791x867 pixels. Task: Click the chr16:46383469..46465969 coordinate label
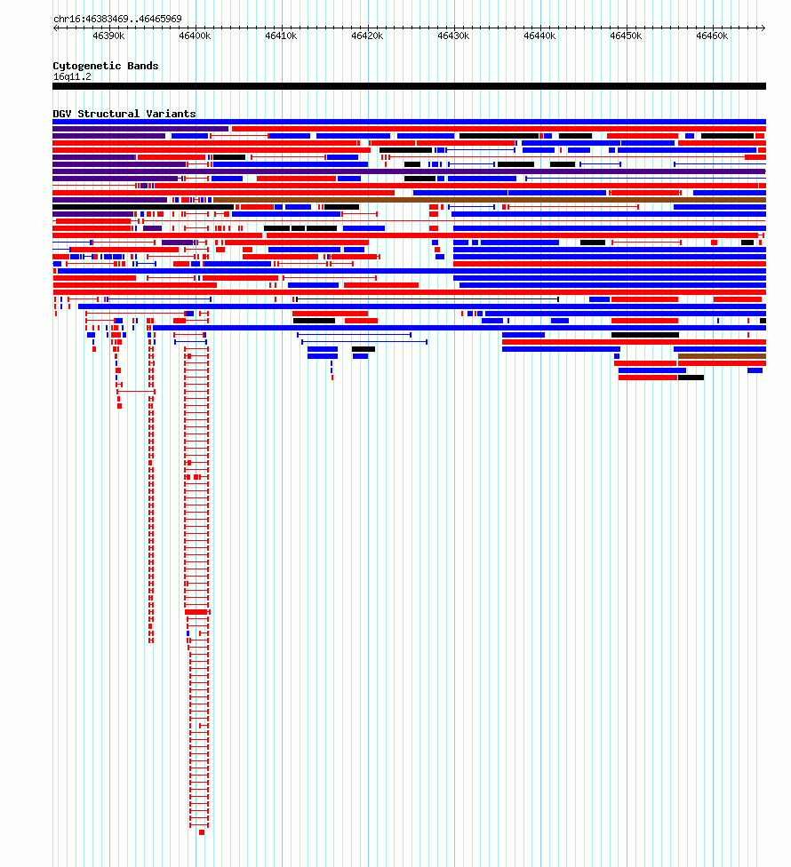(x=117, y=19)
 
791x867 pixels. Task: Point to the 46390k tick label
(x=108, y=36)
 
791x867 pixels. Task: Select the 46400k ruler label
(x=195, y=36)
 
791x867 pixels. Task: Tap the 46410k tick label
(x=281, y=36)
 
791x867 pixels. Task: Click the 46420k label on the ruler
(x=367, y=36)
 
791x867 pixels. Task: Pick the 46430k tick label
(x=453, y=36)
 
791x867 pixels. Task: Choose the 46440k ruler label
(x=539, y=36)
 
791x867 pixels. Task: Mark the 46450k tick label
(x=627, y=36)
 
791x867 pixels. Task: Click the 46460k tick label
(x=713, y=36)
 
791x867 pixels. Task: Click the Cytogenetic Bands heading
(x=106, y=66)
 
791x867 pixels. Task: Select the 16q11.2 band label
(x=73, y=77)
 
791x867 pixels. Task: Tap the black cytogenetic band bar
(x=410, y=86)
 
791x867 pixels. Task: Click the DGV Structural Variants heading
(x=124, y=114)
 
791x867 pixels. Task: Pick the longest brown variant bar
(x=490, y=200)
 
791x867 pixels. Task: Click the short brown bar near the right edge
(x=722, y=356)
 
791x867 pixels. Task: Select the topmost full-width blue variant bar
(x=410, y=122)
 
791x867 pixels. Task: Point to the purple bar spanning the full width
(x=410, y=171)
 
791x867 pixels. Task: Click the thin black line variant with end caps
(x=427, y=299)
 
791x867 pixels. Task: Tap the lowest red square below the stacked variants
(x=202, y=832)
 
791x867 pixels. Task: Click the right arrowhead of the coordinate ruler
(x=764, y=28)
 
